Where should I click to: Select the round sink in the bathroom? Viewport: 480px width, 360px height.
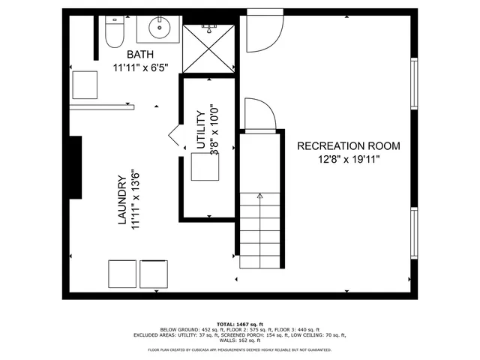158,29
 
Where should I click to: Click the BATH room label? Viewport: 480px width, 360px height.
140,55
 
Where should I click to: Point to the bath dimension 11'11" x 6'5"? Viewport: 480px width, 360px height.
140,67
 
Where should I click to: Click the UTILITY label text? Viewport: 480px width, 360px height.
200,131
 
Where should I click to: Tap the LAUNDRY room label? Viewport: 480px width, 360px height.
120,200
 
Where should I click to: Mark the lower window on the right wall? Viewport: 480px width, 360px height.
413,233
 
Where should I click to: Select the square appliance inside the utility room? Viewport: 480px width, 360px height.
204,169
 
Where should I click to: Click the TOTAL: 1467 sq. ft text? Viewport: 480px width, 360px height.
239,324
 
